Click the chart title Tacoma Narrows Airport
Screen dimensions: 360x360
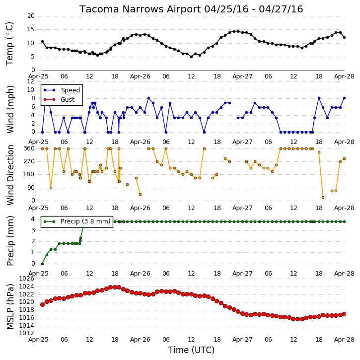pyautogui.click(x=140, y=9)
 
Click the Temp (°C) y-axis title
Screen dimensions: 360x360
pyautogui.click(x=9, y=44)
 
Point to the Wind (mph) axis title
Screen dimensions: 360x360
pyautogui.click(x=10, y=109)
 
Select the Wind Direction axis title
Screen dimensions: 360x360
pyautogui.click(x=10, y=175)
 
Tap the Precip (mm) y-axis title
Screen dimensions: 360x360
pyautogui.click(x=10, y=241)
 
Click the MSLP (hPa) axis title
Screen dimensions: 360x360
pyautogui.click(x=10, y=306)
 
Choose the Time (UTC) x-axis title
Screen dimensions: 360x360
pyautogui.click(x=191, y=350)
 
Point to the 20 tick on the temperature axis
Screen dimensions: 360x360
pyautogui.click(x=31, y=16)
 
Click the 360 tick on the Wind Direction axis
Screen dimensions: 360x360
pyautogui.click(x=29, y=148)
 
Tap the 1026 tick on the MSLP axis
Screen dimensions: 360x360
pyautogui.click(x=26, y=279)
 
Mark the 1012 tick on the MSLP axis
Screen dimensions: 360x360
pyautogui.click(x=26, y=333)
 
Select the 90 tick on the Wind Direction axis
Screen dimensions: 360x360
pyautogui.click(x=31, y=188)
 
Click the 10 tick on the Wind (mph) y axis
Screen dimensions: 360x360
pyautogui.click(x=31, y=90)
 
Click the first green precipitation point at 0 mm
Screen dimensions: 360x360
pyautogui.click(x=42, y=264)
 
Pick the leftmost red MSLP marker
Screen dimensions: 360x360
pyautogui.click(x=42, y=304)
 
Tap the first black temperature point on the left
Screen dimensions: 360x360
pyautogui.click(x=42, y=42)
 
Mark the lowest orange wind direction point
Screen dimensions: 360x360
pyautogui.click(x=323, y=198)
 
